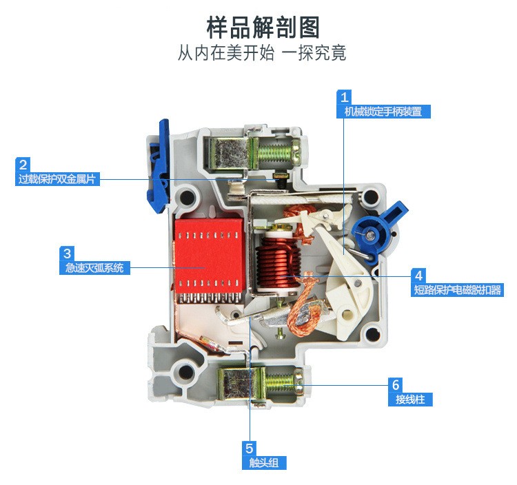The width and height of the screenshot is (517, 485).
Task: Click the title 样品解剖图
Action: pos(263,28)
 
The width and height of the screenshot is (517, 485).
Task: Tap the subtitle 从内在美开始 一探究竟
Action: pos(262,53)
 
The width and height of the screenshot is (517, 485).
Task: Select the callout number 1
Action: pos(344,97)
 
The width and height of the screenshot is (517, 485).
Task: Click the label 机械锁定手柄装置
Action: pos(383,112)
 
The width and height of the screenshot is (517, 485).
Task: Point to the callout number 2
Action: pos(23,165)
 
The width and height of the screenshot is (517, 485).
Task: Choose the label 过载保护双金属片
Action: pos(57,179)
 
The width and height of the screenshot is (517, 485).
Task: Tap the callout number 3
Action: pos(67,254)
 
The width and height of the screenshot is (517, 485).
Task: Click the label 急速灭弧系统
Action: pos(94,267)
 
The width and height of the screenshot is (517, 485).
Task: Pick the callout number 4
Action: pos(418,276)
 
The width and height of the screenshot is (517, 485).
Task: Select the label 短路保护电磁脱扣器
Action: pos(457,290)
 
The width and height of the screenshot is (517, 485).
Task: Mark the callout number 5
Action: pos(250,448)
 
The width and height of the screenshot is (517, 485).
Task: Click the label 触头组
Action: pos(264,463)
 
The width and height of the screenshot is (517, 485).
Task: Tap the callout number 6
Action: pos(396,385)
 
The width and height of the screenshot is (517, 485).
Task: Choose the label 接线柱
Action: pos(410,400)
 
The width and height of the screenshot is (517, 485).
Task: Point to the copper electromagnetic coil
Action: pos(279,263)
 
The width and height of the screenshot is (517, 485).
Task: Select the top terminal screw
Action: pos(277,152)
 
